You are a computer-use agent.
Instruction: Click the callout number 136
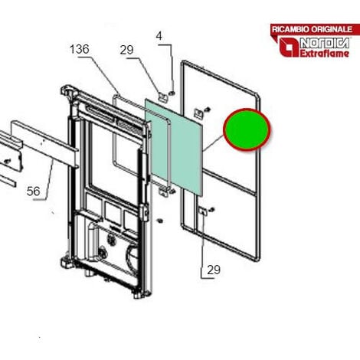point(80,49)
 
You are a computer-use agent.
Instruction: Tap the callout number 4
point(159,36)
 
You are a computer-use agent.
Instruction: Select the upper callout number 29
point(126,50)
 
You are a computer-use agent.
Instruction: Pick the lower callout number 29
point(214,270)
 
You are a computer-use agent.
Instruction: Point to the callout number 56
point(34,191)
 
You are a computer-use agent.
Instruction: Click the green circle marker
point(247,129)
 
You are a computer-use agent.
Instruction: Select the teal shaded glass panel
point(174,148)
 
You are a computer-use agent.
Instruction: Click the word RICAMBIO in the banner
point(291,29)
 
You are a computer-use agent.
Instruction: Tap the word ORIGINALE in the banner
point(332,29)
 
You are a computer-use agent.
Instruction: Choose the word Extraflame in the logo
point(324,54)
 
